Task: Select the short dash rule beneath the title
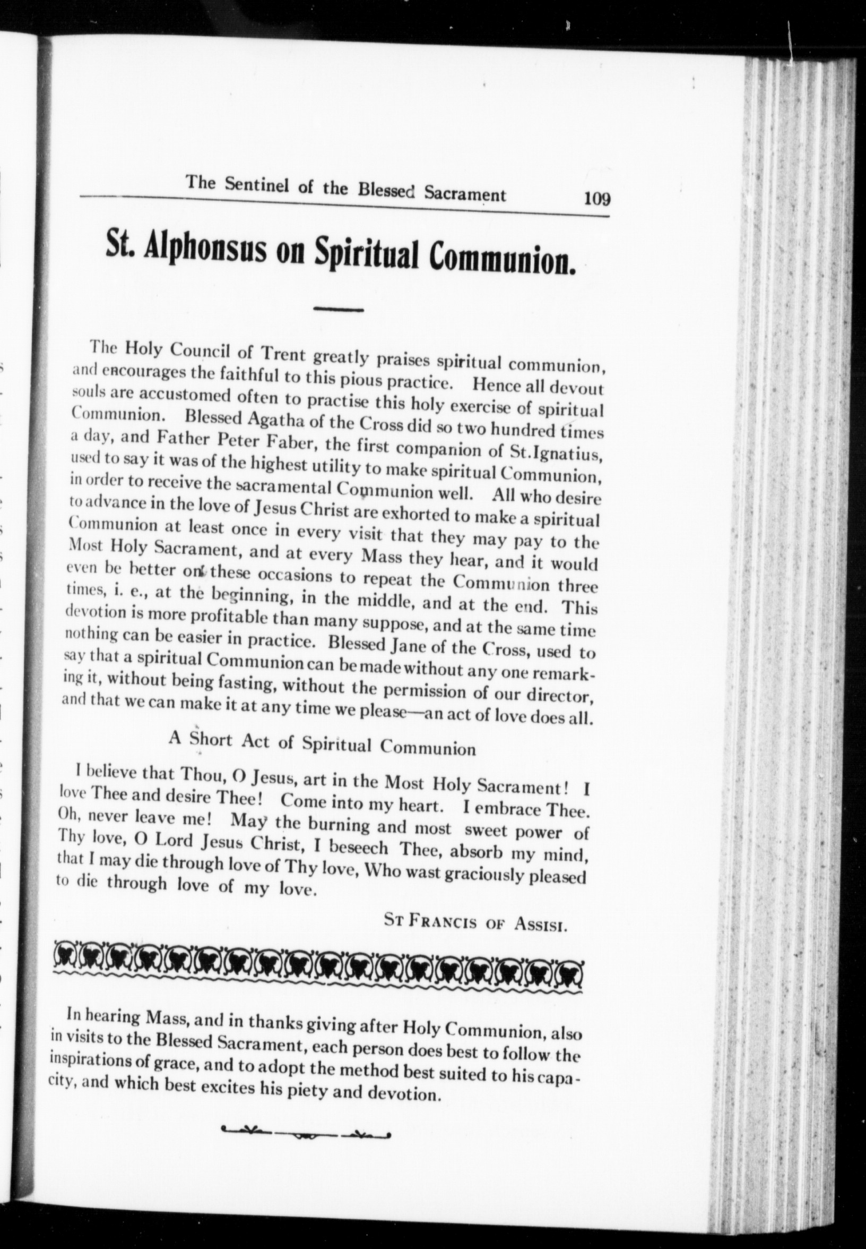click(338, 310)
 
